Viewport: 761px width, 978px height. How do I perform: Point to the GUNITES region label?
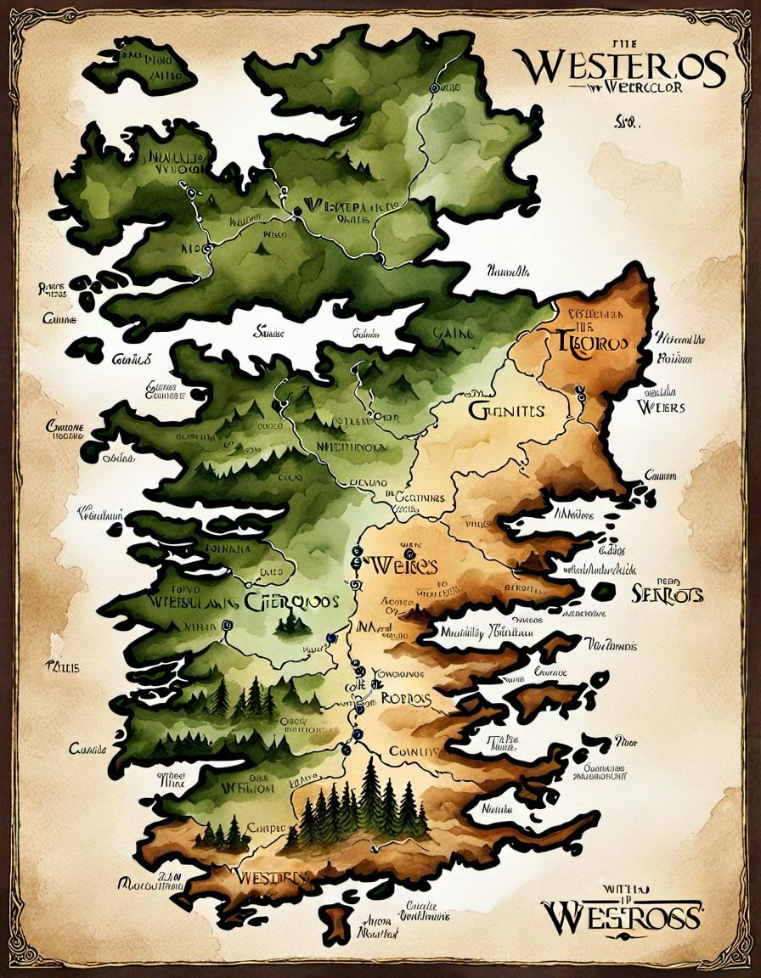[505, 412]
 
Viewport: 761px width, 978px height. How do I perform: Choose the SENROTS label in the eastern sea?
[668, 594]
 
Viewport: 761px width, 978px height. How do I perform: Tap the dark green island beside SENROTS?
[604, 591]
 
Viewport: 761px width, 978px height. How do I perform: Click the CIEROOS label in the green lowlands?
[292, 601]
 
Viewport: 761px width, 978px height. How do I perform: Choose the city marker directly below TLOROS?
[581, 393]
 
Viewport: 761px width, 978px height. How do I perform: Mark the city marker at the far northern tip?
[437, 87]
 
